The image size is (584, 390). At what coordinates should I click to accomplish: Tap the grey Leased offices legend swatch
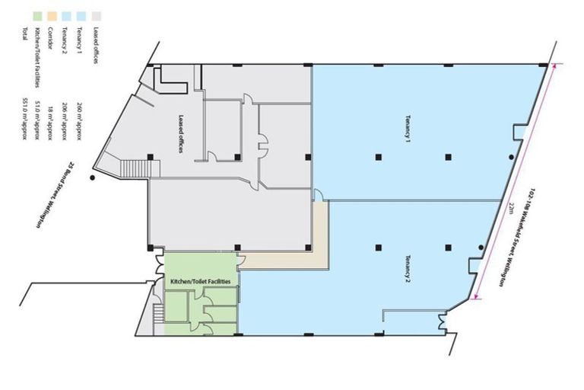[x=97, y=15]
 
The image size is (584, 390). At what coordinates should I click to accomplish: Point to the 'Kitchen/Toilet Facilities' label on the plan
[x=201, y=281]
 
